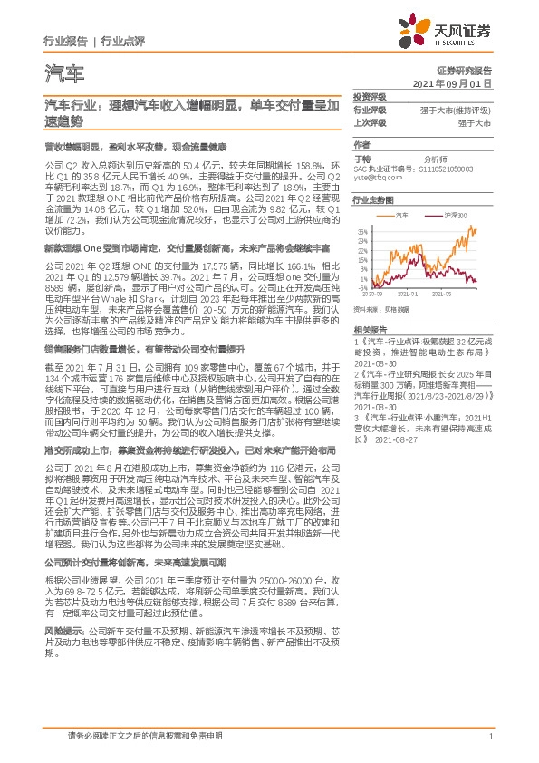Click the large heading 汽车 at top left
63,72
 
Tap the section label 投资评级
369,97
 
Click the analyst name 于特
361,157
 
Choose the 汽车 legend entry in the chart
403,216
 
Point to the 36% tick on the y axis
361,232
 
